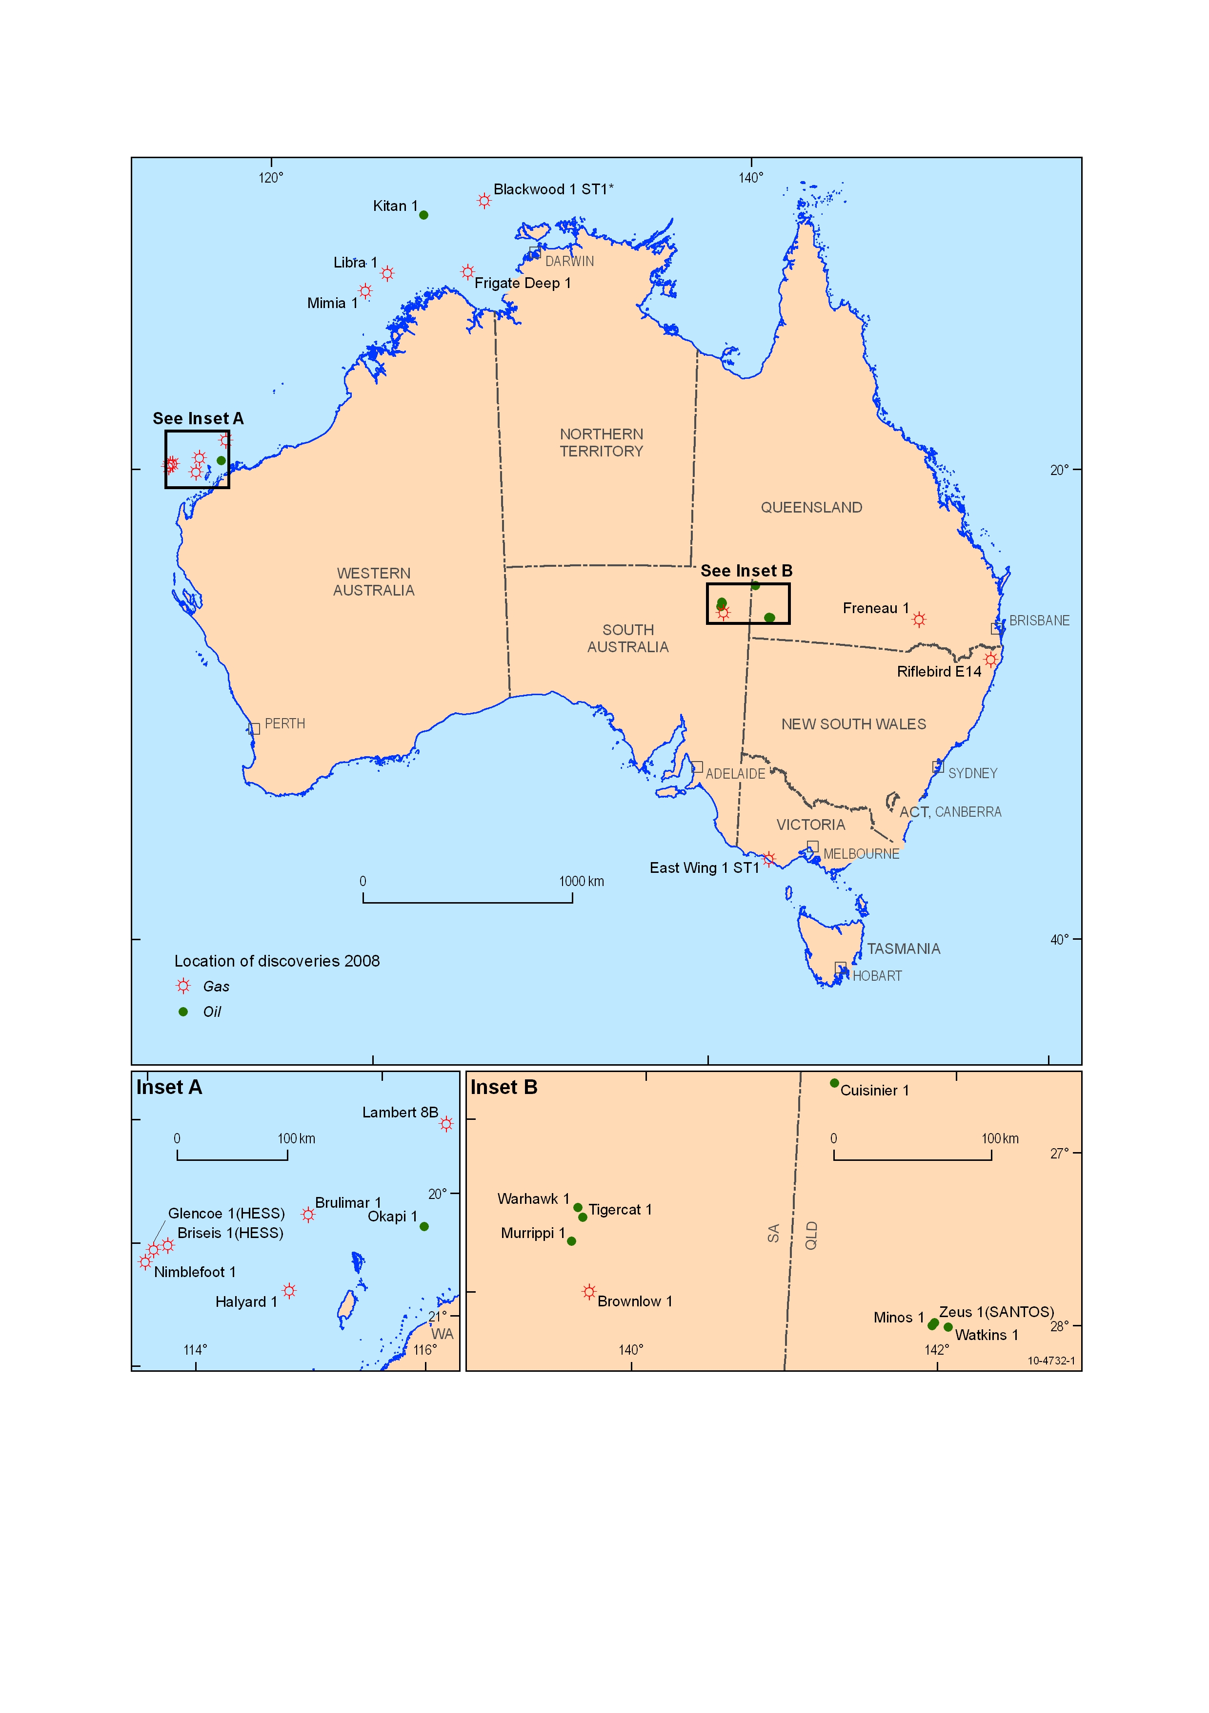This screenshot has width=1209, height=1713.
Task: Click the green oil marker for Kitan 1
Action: click(423, 215)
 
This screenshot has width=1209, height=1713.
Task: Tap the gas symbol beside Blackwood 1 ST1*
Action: click(484, 201)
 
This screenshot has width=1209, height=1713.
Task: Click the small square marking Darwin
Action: click(535, 252)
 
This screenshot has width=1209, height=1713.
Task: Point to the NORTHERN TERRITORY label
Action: click(601, 442)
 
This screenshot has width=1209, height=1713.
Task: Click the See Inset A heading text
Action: click(198, 418)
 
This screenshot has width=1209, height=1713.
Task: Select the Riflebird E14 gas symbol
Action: click(990, 660)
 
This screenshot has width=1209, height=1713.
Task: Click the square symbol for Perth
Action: click(254, 729)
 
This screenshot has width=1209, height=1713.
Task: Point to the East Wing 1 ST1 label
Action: click(704, 867)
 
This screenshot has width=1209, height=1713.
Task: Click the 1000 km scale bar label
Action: click(581, 881)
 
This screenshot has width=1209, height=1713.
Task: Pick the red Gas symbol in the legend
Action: click(183, 986)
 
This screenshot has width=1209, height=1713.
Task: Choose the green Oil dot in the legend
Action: click(183, 1011)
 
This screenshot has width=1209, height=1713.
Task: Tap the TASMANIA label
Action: click(903, 949)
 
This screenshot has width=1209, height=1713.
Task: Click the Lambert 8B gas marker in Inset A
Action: click(446, 1124)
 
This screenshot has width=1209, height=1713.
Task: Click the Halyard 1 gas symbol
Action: click(289, 1291)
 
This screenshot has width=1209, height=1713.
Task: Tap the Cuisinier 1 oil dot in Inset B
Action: click(834, 1083)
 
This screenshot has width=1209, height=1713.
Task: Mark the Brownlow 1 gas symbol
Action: click(589, 1292)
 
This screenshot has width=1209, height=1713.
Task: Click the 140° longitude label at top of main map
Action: click(750, 178)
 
